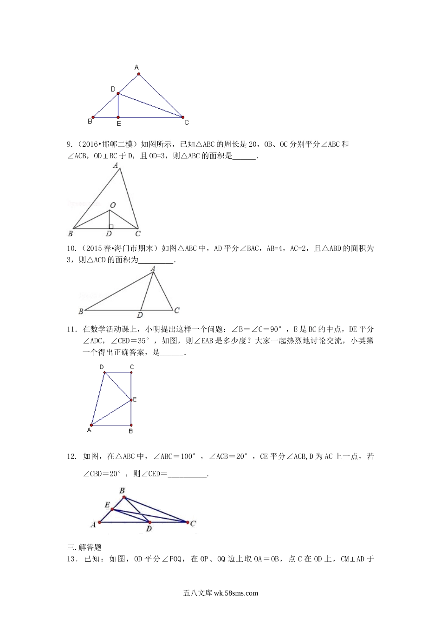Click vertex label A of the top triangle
point(137,67)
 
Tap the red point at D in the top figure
point(118,93)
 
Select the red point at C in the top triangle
point(182,117)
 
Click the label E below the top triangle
point(118,124)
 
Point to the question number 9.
point(70,144)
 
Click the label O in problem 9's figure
point(112,205)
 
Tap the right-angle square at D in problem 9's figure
point(110,227)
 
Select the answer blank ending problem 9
point(244,156)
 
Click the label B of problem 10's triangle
point(80,311)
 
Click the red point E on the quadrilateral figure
point(131,399)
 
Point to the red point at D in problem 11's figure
point(104,372)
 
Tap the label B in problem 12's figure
point(122,490)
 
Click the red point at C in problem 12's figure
point(188,522)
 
